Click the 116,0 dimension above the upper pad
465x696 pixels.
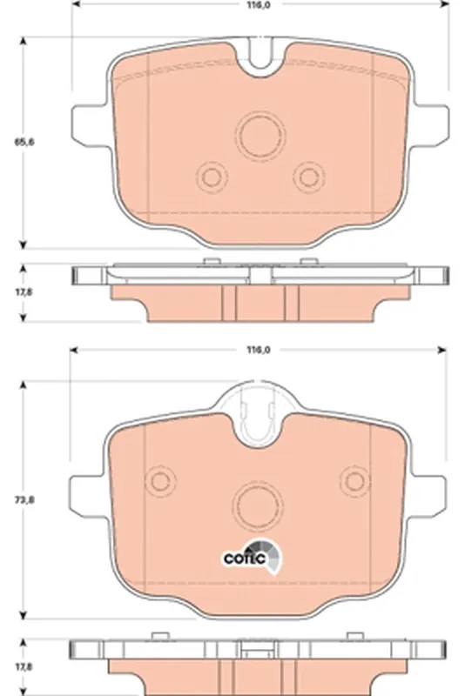click(259, 5)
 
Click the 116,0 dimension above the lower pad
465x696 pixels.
click(258, 350)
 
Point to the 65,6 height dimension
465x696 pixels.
click(24, 142)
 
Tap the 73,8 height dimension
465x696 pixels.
click(25, 499)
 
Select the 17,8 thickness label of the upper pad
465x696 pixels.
click(24, 292)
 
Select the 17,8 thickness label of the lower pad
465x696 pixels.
click(24, 666)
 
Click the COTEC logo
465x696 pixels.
click(252, 557)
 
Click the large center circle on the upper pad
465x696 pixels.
click(261, 136)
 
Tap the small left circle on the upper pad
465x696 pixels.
click(211, 177)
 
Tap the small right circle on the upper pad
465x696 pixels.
click(309, 177)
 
